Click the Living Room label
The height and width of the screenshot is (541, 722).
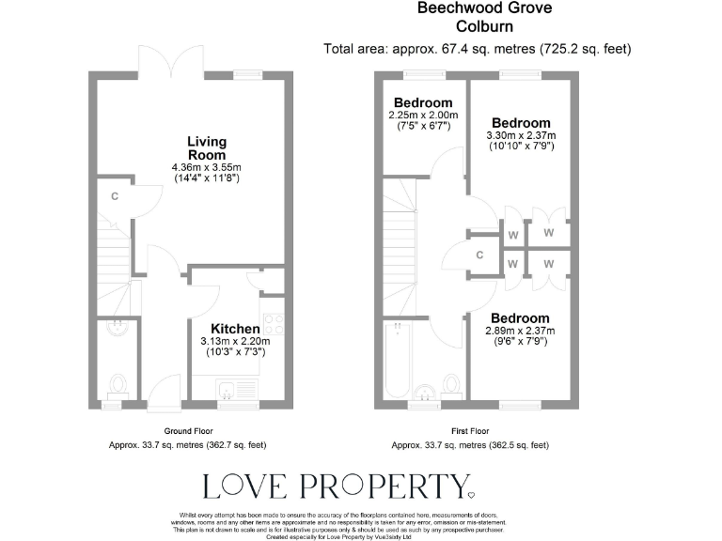tap(206, 148)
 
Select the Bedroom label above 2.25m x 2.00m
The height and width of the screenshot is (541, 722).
tap(423, 102)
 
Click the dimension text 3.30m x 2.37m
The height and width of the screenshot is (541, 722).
tap(520, 135)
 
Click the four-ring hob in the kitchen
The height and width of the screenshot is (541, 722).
tap(275, 324)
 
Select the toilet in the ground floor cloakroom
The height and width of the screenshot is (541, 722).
tap(118, 385)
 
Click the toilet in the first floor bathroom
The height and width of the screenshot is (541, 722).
tap(451, 384)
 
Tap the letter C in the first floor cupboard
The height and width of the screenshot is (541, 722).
tap(479, 255)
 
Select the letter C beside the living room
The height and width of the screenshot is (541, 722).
tap(115, 196)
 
